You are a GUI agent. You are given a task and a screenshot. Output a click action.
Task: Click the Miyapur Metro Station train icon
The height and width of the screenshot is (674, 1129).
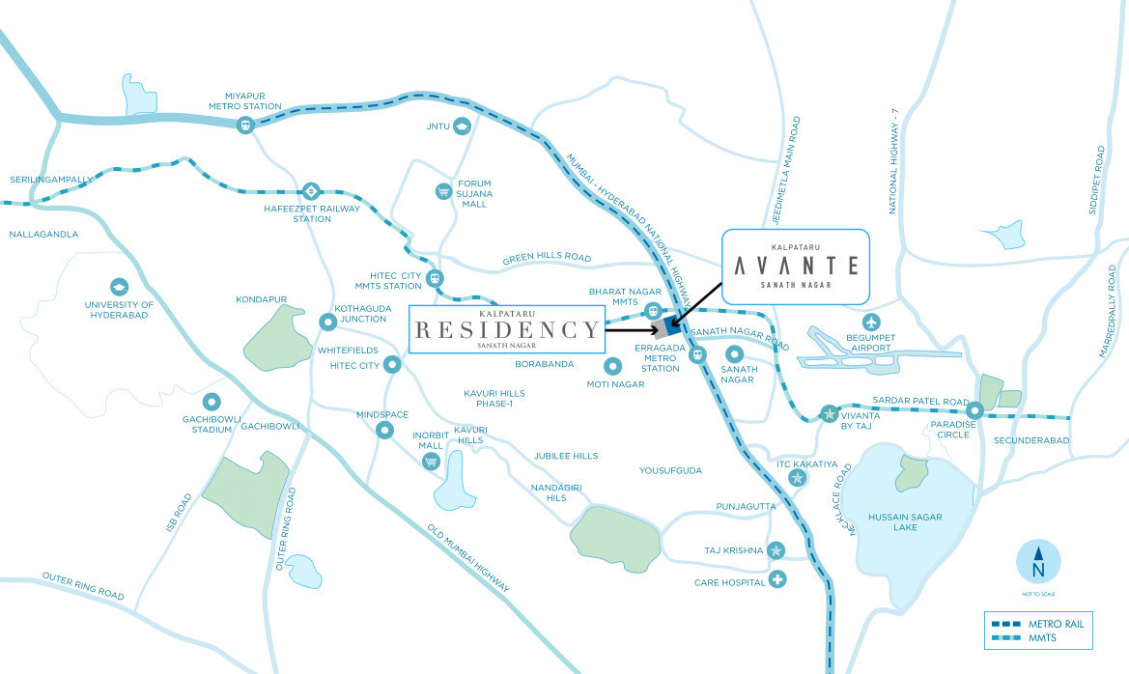coord(245,124)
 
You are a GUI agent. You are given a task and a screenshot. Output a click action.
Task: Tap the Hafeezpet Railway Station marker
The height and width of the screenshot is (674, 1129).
coord(310,190)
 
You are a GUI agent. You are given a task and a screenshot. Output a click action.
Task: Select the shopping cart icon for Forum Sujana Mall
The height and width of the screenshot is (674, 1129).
coord(443,190)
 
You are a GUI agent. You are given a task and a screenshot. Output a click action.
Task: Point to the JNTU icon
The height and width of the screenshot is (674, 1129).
coord(463,126)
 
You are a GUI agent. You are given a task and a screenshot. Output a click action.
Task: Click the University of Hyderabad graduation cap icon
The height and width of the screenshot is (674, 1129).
coord(119,287)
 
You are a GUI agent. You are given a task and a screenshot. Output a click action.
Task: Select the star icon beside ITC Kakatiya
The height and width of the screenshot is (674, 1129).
coord(797,477)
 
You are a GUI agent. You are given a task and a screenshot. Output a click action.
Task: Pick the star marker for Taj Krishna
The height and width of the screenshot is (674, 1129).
coord(777,550)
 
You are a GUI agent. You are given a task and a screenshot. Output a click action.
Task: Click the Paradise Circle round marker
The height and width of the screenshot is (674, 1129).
coord(975,409)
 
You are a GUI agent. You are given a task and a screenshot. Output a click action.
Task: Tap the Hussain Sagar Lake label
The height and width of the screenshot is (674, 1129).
coord(904,522)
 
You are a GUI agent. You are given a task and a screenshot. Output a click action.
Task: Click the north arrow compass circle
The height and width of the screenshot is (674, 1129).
coord(1038,561)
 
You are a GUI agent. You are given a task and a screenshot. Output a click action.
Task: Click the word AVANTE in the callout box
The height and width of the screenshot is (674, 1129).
coord(797,265)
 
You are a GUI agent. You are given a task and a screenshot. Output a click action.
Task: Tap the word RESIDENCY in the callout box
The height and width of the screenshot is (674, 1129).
coord(507,330)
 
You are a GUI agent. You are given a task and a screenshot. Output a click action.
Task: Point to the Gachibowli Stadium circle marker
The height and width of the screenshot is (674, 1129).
coord(212,403)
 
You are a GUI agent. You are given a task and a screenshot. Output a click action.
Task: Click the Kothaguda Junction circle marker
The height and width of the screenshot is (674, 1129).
coord(327,322)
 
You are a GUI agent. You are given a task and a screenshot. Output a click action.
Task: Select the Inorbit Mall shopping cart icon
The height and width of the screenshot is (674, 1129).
coord(432,462)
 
